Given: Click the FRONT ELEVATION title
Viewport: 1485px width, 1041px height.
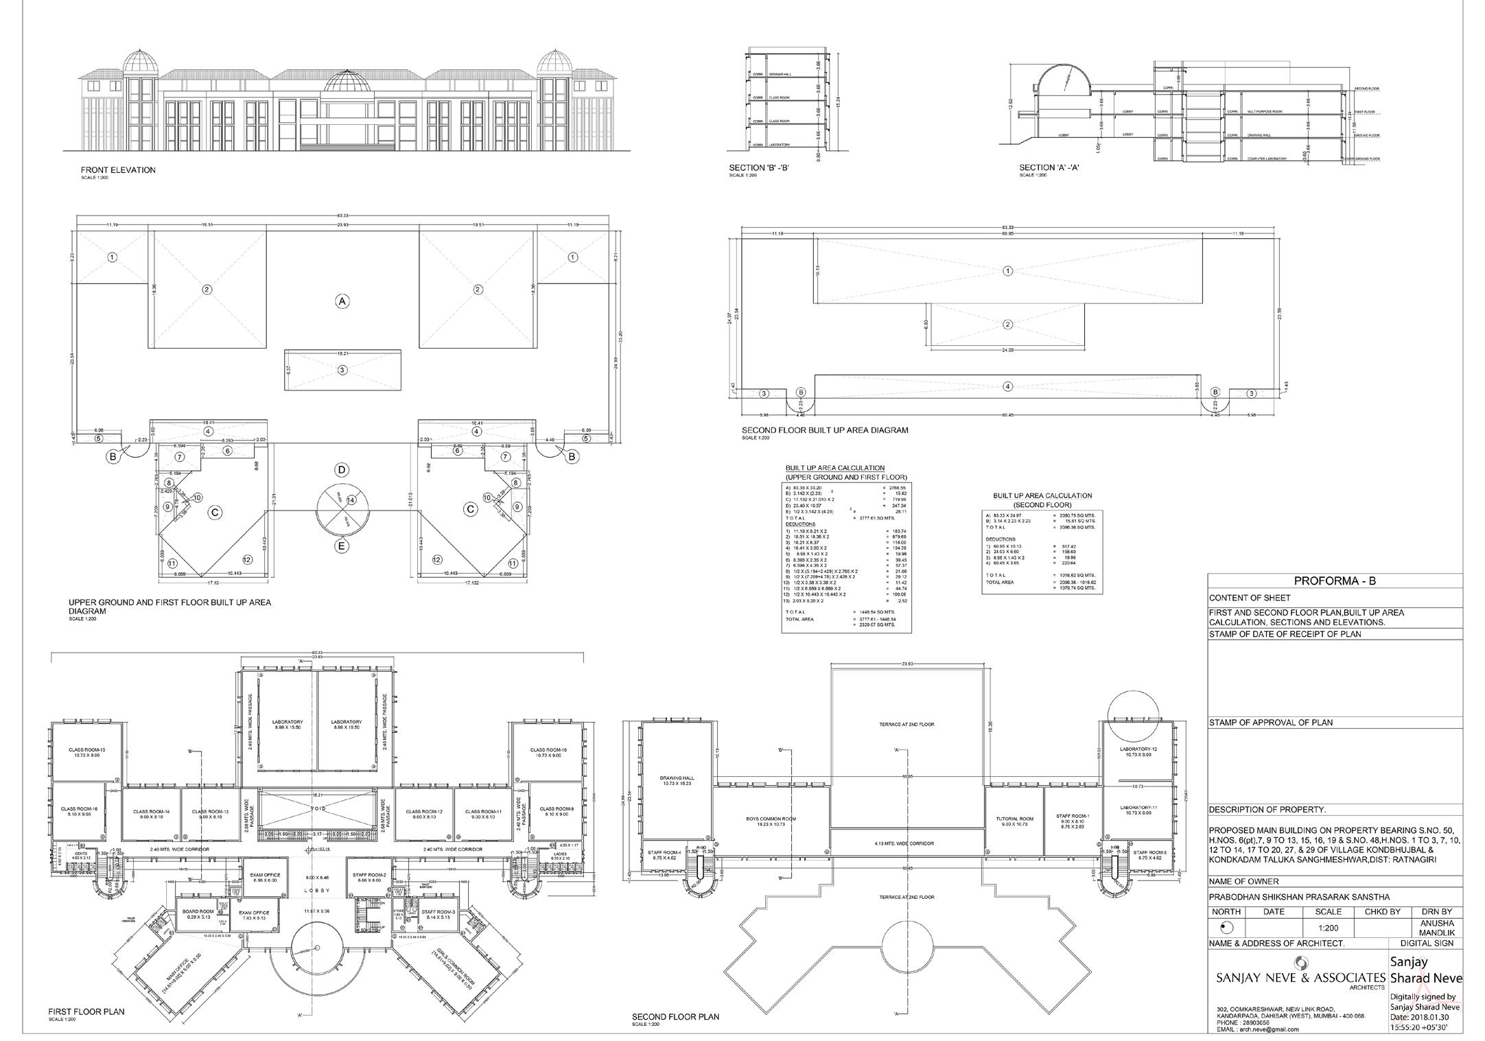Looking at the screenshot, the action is tap(118, 170).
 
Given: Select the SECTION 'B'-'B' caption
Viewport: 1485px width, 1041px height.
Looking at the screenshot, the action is tap(759, 167).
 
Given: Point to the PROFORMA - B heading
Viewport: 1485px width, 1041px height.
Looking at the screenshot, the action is tap(1335, 581).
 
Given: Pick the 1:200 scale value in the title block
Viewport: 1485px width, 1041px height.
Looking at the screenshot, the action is tap(1329, 928).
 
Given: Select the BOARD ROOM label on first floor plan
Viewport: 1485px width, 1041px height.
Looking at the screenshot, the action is tap(198, 911).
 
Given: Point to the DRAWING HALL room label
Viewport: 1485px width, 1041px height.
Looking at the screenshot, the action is tap(678, 780).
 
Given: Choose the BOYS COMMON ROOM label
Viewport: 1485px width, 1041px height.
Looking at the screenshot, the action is tap(771, 820).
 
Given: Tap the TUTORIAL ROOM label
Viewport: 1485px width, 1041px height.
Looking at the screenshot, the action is tap(1014, 820).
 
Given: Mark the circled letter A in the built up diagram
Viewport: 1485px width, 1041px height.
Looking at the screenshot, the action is tap(341, 301).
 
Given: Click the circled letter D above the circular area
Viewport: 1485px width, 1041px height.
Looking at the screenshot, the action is tap(341, 470).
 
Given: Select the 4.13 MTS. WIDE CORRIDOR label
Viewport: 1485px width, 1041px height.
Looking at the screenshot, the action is tap(907, 843).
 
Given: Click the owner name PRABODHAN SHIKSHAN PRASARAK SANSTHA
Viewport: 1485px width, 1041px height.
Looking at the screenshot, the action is tap(1299, 897).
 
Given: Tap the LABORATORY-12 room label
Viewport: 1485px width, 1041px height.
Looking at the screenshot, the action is tap(1138, 749).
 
